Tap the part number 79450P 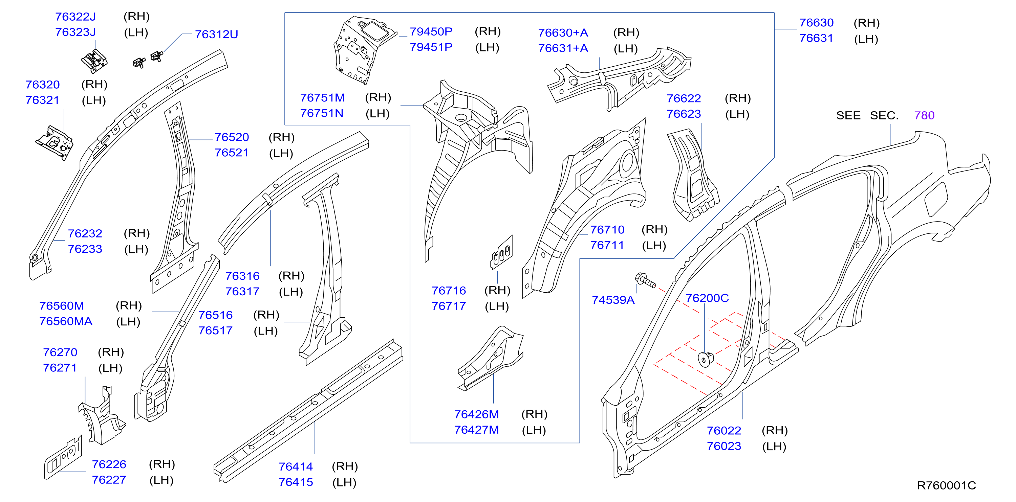click(x=431, y=31)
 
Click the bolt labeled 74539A click(x=645, y=280)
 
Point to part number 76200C click(x=707, y=298)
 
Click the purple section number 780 click(x=924, y=115)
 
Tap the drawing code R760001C click(x=946, y=485)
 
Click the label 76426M click(x=476, y=414)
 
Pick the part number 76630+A click(x=563, y=33)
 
